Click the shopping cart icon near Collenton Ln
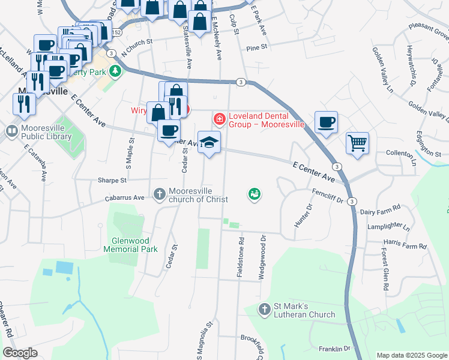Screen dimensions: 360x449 [357, 143]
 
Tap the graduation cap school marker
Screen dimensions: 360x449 [209, 142]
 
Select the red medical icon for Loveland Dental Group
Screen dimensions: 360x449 [220, 120]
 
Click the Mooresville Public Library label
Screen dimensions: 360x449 [46, 132]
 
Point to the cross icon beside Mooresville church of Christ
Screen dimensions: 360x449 [159, 194]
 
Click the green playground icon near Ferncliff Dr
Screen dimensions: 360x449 [254, 194]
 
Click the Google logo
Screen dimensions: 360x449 [20, 353]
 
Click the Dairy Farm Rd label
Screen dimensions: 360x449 [384, 212]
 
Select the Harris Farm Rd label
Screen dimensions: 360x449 [405, 246]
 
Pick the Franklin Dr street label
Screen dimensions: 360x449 [334, 349]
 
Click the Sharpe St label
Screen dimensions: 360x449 [112, 180]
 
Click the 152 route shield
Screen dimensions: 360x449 [116, 32]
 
